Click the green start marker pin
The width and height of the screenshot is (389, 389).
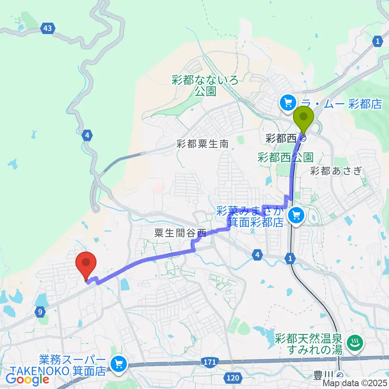(x=304, y=116)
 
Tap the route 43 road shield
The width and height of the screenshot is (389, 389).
(x=48, y=28)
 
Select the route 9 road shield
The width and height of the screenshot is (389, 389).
(x=40, y=312)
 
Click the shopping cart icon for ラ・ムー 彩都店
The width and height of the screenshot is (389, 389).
(x=289, y=103)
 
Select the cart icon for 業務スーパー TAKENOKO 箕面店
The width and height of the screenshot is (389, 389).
(x=119, y=364)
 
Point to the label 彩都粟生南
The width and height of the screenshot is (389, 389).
(x=203, y=143)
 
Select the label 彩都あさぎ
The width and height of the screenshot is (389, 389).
(x=336, y=171)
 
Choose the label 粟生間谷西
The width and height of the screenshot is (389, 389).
(x=180, y=233)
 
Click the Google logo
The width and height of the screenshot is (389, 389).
(x=28, y=379)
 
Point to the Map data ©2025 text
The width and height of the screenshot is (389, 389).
(x=355, y=383)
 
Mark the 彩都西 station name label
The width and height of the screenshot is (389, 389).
(x=281, y=139)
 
